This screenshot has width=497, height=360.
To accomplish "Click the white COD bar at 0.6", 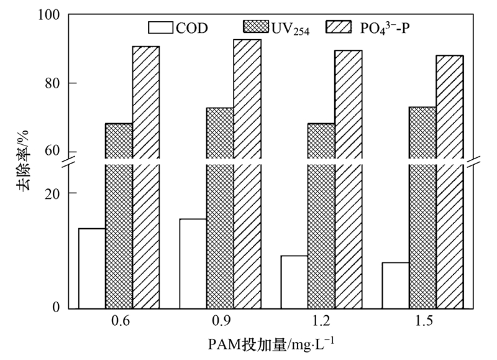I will click(91, 268).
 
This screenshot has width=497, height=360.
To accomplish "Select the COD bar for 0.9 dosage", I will click(193, 263).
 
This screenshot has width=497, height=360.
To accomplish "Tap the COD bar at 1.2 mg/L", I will click(294, 282).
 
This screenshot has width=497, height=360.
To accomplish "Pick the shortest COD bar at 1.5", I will click(395, 285).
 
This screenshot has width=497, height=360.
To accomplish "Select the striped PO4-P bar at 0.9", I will click(247, 173).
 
